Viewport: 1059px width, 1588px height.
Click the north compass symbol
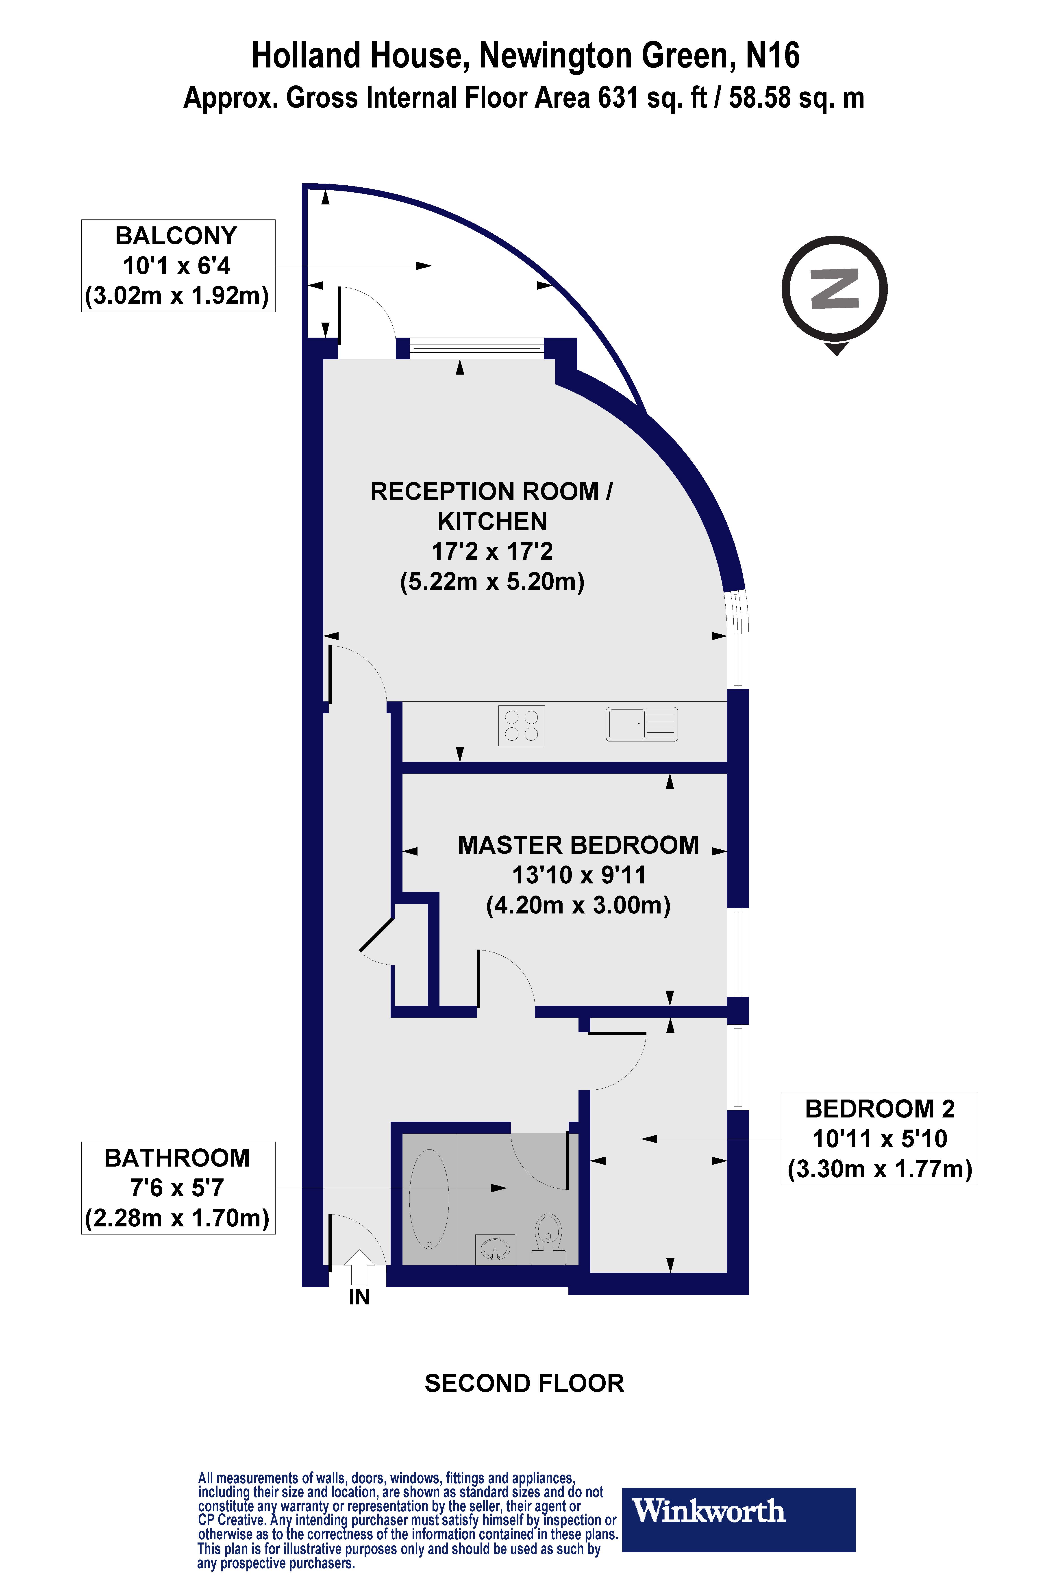[x=835, y=290]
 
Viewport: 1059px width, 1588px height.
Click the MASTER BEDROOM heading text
[x=578, y=845]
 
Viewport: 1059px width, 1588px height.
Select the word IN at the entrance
[x=359, y=1297]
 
